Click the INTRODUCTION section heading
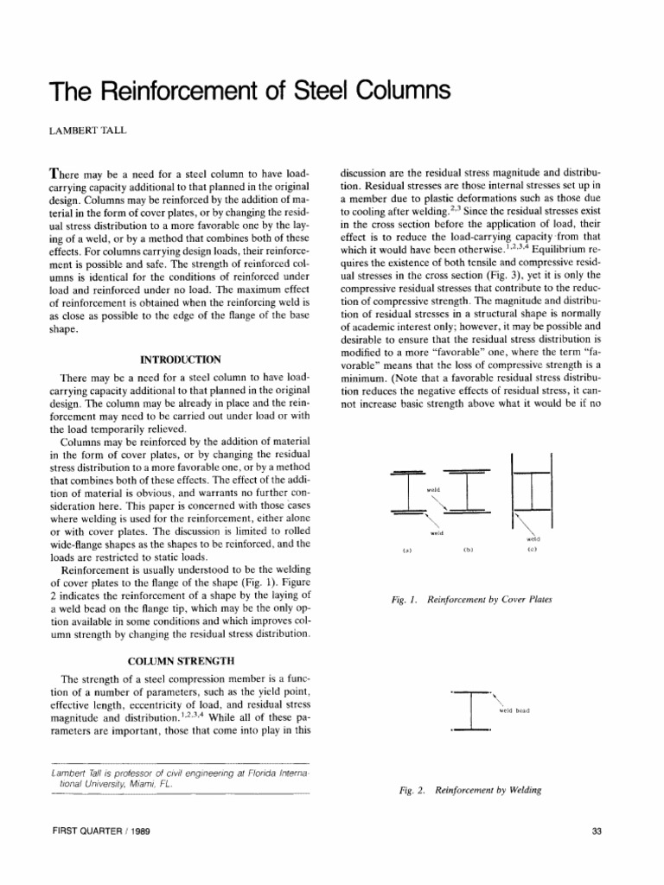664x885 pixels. click(181, 359)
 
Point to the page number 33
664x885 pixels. click(596, 831)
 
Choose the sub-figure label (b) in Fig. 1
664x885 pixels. click(467, 550)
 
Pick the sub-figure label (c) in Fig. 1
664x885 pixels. click(532, 550)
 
